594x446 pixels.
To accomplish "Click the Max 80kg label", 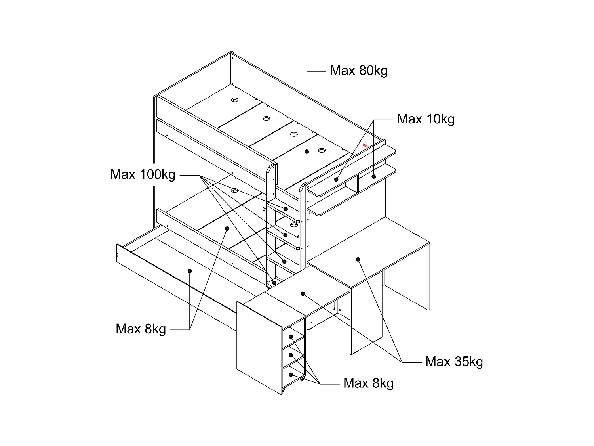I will (x=358, y=71).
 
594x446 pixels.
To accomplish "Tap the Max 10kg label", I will (x=426, y=119).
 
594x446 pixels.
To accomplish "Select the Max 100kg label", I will (x=143, y=174).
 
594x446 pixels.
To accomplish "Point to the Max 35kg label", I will (x=454, y=362).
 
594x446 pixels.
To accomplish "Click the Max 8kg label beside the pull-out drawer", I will (x=141, y=329).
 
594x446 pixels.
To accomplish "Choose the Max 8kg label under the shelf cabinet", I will (x=368, y=383).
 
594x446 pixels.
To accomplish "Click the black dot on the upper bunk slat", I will (x=307, y=151).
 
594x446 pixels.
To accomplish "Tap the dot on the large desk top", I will (x=358, y=260).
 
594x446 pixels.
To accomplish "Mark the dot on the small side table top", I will (x=303, y=294).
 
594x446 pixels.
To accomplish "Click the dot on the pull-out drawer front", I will (x=190, y=271).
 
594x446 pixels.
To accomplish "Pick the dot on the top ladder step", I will (x=286, y=209).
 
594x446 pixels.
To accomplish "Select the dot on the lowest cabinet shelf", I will (x=291, y=375).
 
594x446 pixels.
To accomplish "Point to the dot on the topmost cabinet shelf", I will (x=291, y=337).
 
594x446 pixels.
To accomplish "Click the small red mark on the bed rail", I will (x=365, y=146).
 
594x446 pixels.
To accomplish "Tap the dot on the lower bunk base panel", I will (x=227, y=228).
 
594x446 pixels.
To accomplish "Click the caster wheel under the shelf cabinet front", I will (x=283, y=392).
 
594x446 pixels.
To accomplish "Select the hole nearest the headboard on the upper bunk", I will (x=235, y=100).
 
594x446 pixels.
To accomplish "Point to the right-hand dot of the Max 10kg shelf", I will (x=373, y=176).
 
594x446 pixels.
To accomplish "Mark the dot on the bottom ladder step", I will (x=274, y=283).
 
